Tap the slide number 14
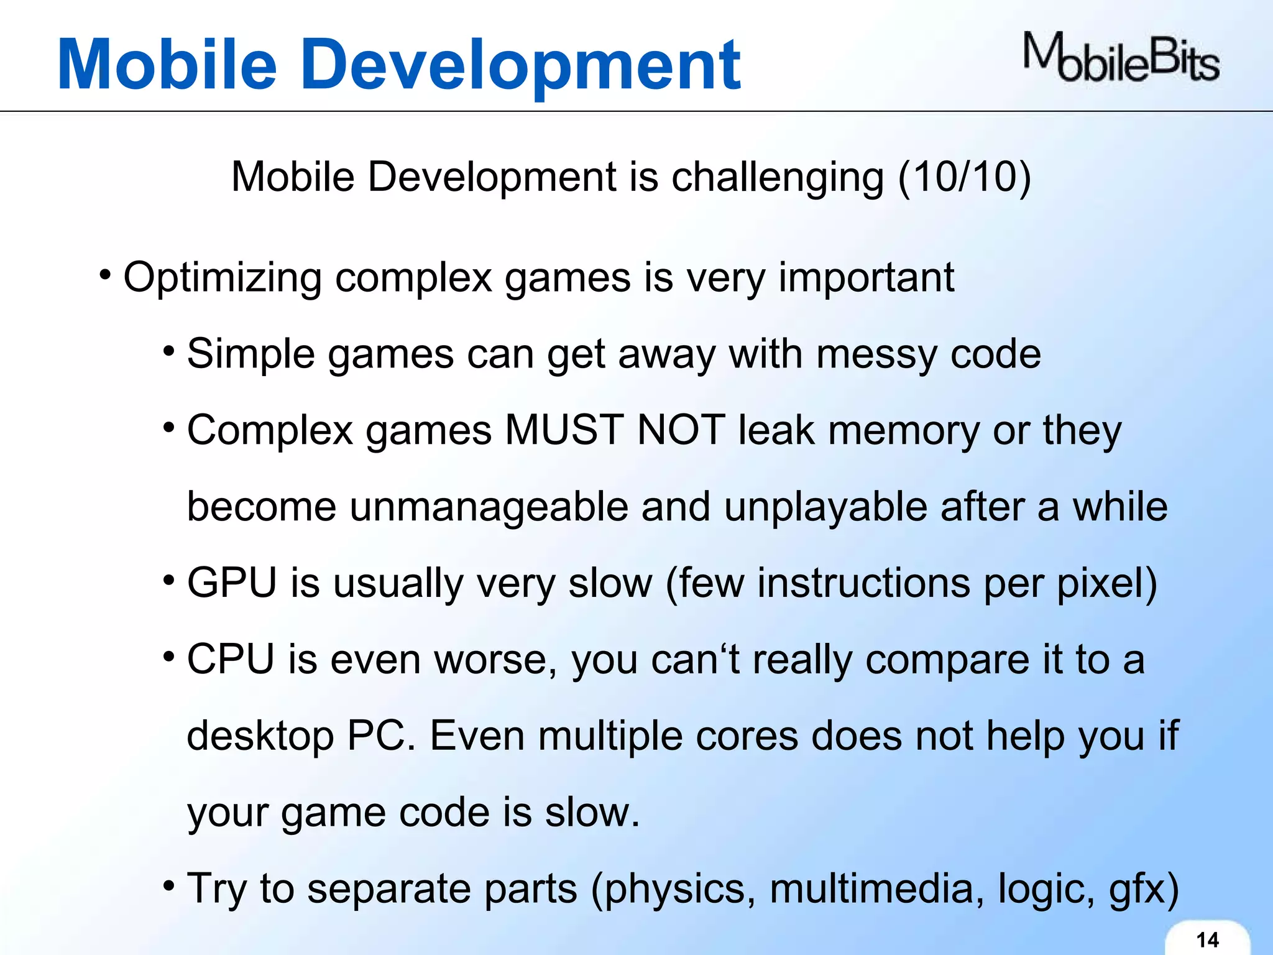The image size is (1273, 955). pyautogui.click(x=1207, y=939)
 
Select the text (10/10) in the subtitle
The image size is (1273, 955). pyautogui.click(x=964, y=177)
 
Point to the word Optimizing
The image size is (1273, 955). pyautogui.click(x=223, y=278)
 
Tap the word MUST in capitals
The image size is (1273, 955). pyautogui.click(x=564, y=430)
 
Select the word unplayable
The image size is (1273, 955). pyautogui.click(x=825, y=507)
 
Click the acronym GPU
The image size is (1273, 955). pyautogui.click(x=232, y=583)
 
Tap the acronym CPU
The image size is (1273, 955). pyautogui.click(x=231, y=660)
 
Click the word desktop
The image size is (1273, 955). pyautogui.click(x=260, y=737)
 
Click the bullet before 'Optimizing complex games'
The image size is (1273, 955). pyautogui.click(x=105, y=274)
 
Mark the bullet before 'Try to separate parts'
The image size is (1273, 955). pyautogui.click(x=168, y=885)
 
